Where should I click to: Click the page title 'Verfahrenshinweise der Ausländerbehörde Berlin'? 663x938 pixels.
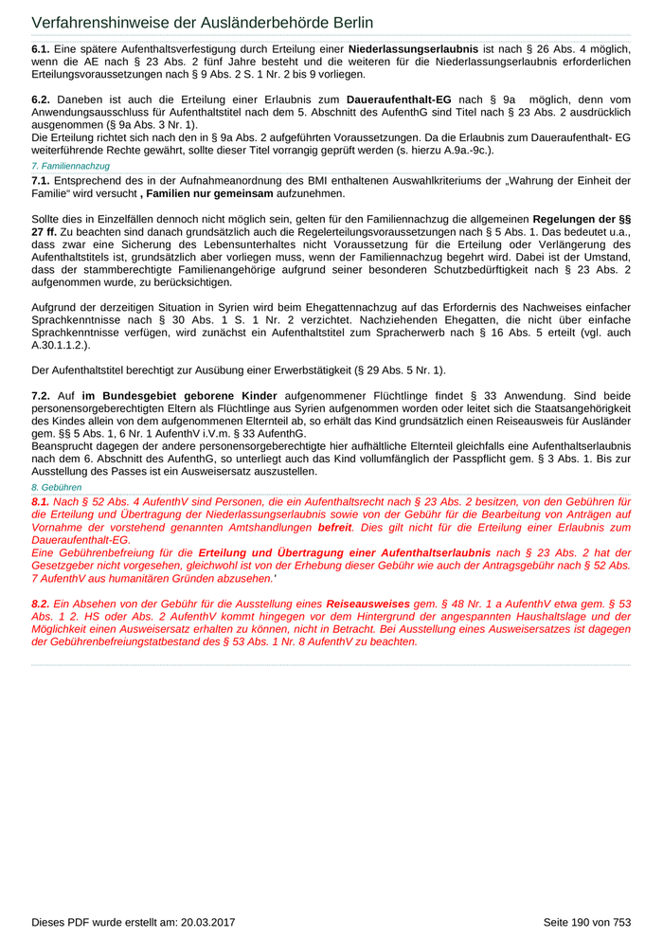click(202, 23)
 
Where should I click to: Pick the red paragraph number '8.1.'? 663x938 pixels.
click(41, 501)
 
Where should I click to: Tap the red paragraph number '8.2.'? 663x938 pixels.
click(41, 603)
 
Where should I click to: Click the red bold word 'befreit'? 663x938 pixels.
click(334, 526)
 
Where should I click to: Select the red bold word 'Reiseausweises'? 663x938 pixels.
click(368, 603)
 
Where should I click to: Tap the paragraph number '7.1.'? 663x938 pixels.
click(41, 180)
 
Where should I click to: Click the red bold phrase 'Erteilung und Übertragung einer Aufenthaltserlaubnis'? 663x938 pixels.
click(345, 551)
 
